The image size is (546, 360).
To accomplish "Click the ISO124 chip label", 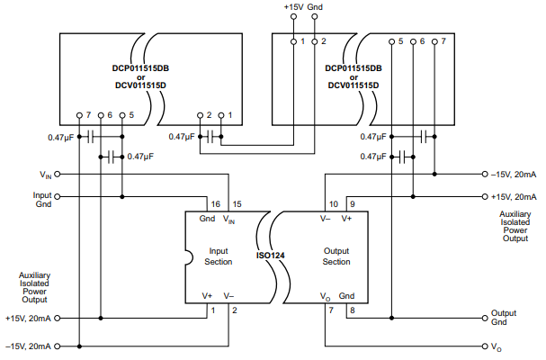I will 272,255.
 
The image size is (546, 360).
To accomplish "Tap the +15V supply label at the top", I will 293,7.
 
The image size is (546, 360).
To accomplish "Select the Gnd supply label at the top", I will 316,7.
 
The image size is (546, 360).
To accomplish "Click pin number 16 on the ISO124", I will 215,203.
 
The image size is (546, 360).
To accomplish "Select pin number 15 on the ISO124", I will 236,203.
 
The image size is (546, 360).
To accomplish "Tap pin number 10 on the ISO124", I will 333,203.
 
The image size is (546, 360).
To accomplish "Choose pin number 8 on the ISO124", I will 352,310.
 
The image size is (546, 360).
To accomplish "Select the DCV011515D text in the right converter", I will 353,87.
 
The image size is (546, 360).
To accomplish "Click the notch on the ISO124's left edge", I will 189,262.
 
